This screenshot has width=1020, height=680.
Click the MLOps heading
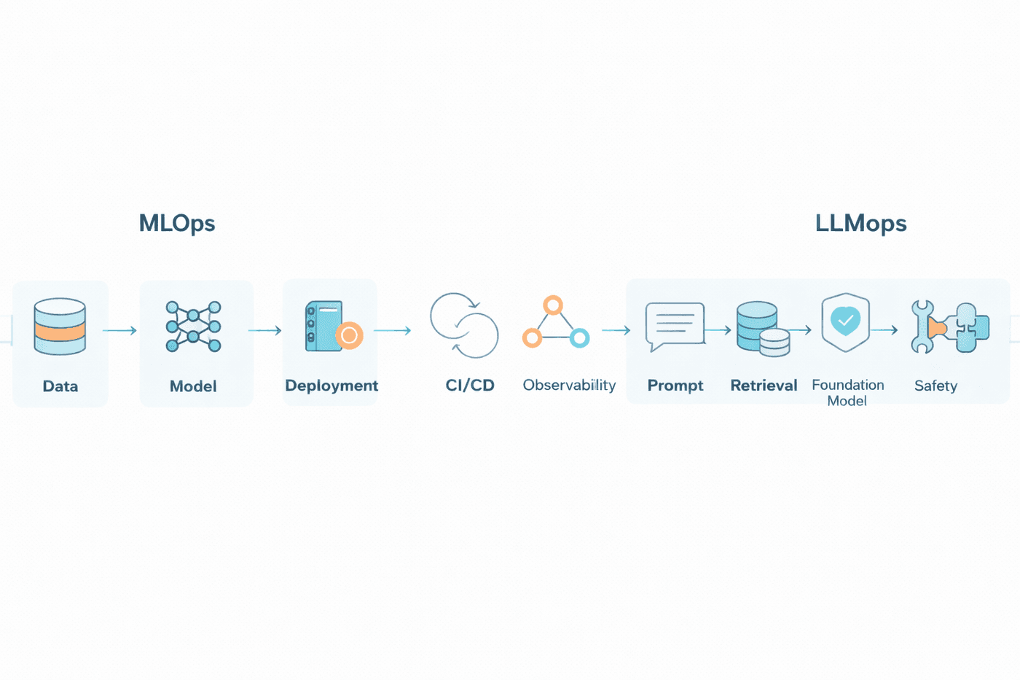coord(177,223)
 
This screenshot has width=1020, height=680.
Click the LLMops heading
coord(860,223)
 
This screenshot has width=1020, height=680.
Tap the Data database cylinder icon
coord(60,327)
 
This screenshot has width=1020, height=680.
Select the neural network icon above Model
coord(193,327)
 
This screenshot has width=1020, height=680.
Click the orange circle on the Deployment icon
coord(349,335)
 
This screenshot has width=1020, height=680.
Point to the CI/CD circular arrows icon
coord(464,325)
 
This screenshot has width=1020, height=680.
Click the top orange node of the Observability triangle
coord(553,305)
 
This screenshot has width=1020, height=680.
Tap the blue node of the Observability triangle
coord(579,337)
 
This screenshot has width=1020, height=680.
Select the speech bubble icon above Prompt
coord(675,325)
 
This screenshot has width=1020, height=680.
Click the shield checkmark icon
coord(845,321)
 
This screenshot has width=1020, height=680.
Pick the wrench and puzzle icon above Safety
coord(950,327)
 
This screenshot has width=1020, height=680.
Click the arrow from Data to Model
coord(119,331)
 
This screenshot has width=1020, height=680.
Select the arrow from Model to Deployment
coord(264,331)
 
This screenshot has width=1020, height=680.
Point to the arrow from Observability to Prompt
coord(616,331)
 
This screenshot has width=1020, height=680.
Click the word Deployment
coord(331,386)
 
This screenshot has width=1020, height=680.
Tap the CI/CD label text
coord(470,386)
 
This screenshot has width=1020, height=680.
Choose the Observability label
coord(569,385)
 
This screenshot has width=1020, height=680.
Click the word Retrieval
coord(764,386)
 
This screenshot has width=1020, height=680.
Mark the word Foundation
coord(847,385)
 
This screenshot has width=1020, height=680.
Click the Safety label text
coord(935,386)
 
